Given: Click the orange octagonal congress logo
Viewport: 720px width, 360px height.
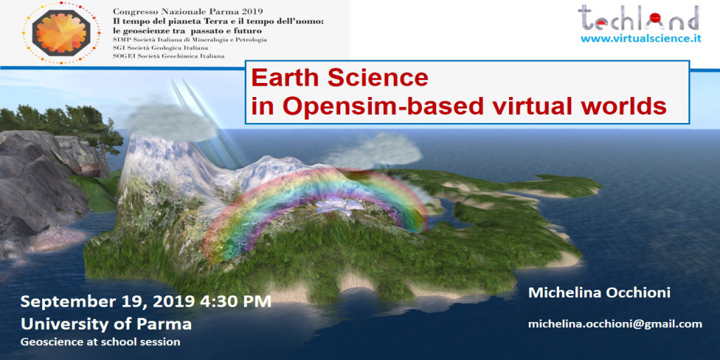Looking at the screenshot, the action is (61, 32).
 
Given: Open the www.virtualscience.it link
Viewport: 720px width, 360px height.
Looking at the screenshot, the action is (641, 39).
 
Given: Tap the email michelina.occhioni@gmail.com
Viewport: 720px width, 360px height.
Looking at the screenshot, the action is (615, 323).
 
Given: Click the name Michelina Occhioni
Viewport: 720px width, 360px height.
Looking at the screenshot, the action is (599, 292).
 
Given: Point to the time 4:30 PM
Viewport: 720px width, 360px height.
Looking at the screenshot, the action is (236, 302).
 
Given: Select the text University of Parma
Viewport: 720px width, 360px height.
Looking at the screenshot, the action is (106, 324).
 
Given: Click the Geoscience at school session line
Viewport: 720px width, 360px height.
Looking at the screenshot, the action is (100, 342).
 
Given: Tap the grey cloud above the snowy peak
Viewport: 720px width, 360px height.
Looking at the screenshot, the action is (170, 120).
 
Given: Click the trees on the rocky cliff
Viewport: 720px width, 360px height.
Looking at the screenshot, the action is (60, 123).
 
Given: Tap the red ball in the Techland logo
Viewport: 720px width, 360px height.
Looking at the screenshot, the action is (655, 18).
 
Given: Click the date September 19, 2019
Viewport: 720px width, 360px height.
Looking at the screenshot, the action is (108, 302).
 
